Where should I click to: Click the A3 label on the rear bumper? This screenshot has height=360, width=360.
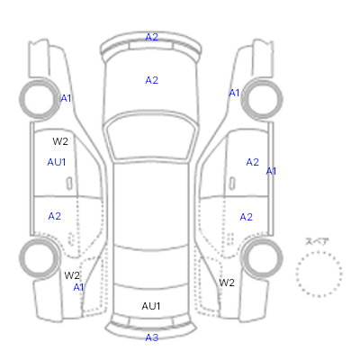[x=151, y=337]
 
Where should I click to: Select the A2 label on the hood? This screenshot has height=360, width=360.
[x=151, y=80]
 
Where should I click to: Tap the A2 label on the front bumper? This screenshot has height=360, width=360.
[x=151, y=37]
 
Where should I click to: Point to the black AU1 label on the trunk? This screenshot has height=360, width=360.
[x=151, y=306]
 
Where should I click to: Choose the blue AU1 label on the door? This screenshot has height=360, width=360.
[x=57, y=162]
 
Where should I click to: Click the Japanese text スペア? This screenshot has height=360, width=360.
[x=317, y=241]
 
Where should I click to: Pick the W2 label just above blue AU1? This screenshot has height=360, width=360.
[x=60, y=141]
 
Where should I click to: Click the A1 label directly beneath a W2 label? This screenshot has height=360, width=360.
[x=78, y=287]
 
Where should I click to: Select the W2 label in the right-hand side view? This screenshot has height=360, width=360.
[x=227, y=283]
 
